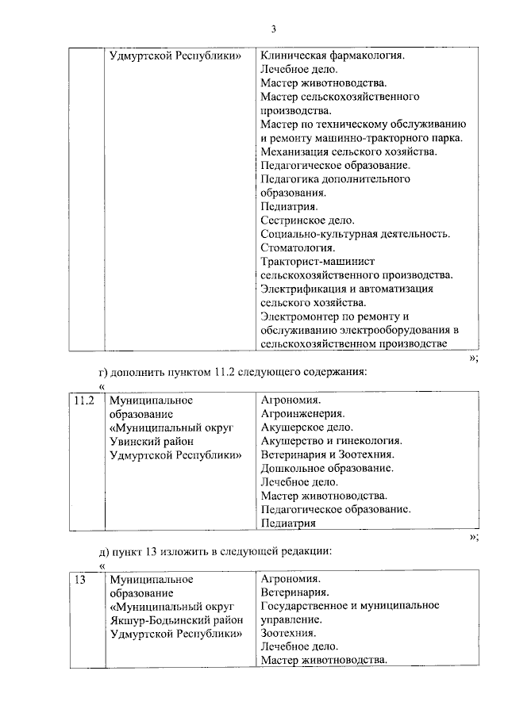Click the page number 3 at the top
272,29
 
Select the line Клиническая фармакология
333,56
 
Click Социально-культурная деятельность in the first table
355,234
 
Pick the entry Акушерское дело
306,427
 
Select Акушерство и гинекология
331,441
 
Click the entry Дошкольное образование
327,468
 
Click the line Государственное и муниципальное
350,606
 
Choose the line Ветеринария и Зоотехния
328,454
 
